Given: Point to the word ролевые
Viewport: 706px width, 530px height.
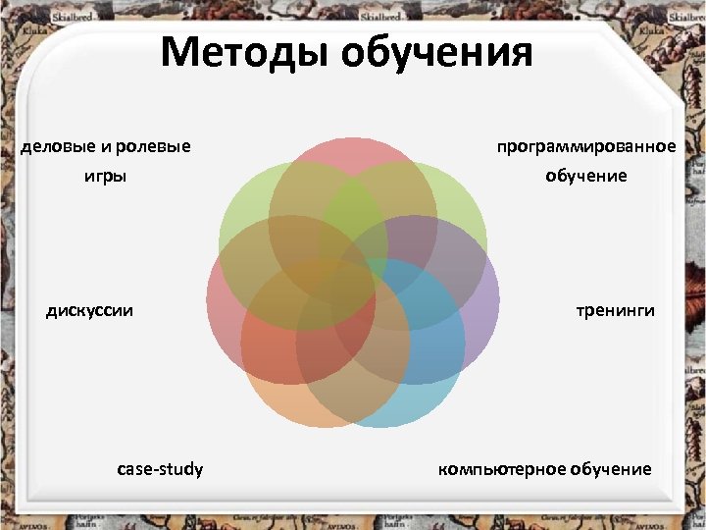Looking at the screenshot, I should (x=153, y=147).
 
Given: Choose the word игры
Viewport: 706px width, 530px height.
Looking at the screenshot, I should (x=105, y=179).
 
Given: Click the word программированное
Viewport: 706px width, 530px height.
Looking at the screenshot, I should (x=586, y=146).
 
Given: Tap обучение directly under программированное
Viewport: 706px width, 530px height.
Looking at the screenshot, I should (x=586, y=177).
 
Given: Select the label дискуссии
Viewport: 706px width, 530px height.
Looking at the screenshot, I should (x=90, y=311).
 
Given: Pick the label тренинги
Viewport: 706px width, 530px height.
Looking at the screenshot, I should (x=615, y=311).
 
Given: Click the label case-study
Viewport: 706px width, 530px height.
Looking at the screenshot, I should (x=160, y=469).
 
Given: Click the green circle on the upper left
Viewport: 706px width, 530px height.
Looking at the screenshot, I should (x=240, y=211).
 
